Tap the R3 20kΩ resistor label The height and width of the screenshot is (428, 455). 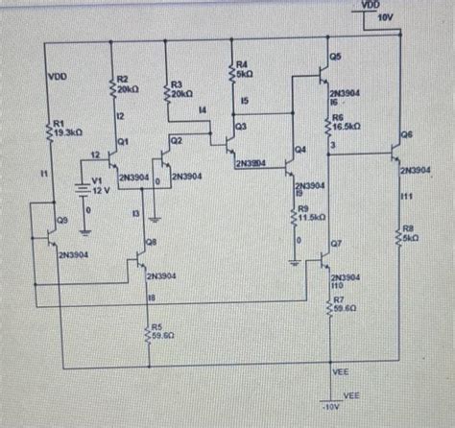point(181,89)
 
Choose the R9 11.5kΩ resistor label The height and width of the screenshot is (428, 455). point(309,213)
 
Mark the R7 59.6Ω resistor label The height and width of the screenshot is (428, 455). point(345,304)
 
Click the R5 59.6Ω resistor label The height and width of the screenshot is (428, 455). point(162,331)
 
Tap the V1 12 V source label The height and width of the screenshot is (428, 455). point(102,186)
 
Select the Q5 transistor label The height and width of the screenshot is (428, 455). point(334,58)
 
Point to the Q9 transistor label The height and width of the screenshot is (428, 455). point(61,220)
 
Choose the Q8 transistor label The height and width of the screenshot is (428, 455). point(151,243)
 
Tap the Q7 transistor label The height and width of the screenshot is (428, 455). point(336,245)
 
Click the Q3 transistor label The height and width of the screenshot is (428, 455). point(240,127)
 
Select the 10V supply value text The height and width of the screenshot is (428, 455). point(387,18)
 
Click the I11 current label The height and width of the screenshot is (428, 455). point(407,195)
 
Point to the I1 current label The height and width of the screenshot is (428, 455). point(42,172)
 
